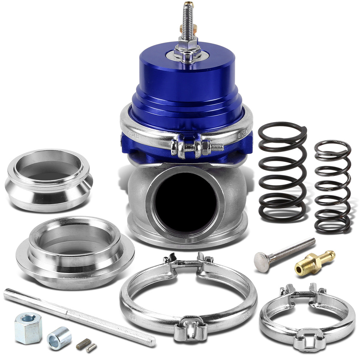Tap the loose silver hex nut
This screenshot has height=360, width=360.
coord(28,326)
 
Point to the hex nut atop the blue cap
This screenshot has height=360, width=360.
coord(187,48)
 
